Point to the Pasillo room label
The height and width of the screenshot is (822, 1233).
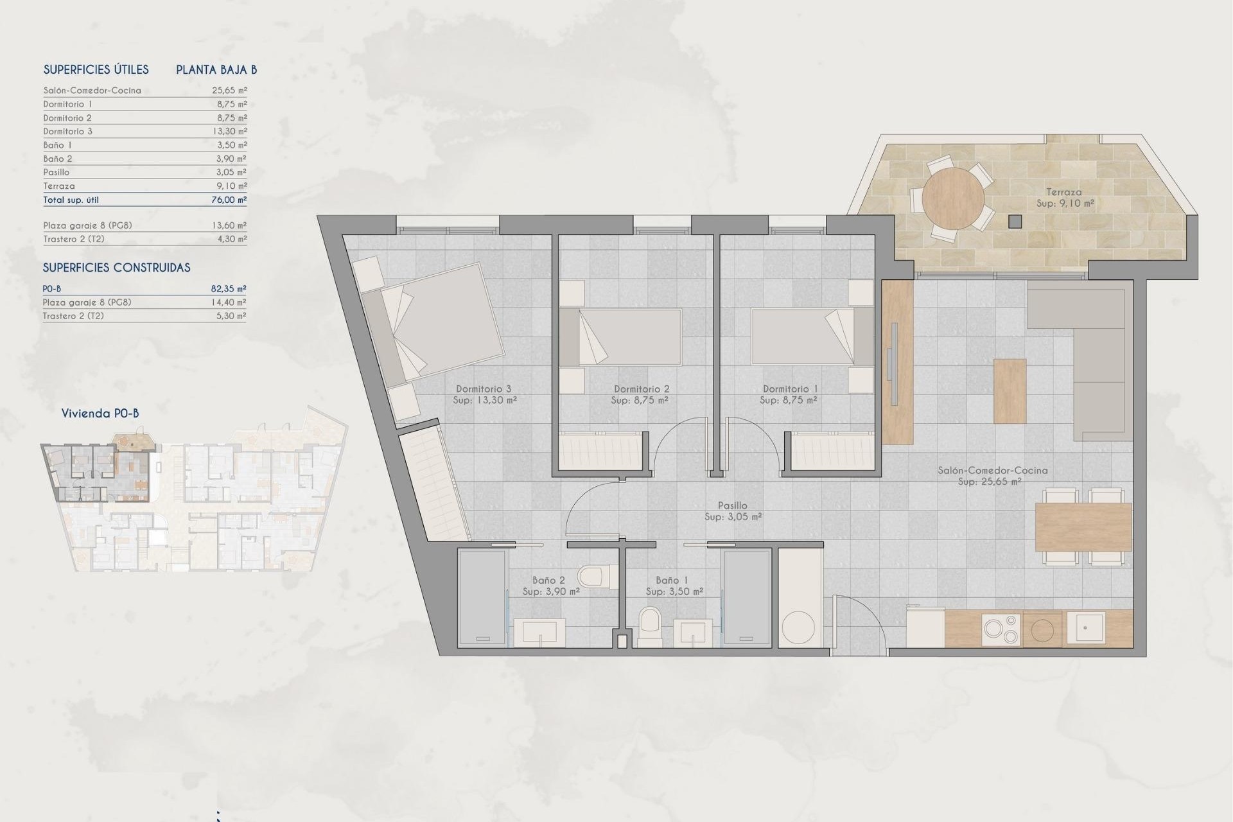coord(732,506)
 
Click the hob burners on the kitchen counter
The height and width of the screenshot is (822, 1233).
coord(1001,629)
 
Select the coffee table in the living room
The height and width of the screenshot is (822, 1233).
coord(1010,390)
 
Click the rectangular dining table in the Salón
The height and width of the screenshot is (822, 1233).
coord(1083,527)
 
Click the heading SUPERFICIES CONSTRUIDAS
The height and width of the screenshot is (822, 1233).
coord(116,268)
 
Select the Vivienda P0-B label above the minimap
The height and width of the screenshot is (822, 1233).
coord(100,414)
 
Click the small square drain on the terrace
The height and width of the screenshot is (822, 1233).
coord(1015,222)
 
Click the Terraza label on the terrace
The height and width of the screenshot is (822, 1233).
coord(1063,192)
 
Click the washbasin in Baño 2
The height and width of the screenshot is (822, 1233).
coord(539,631)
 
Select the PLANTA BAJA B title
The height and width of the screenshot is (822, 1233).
coord(216,70)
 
